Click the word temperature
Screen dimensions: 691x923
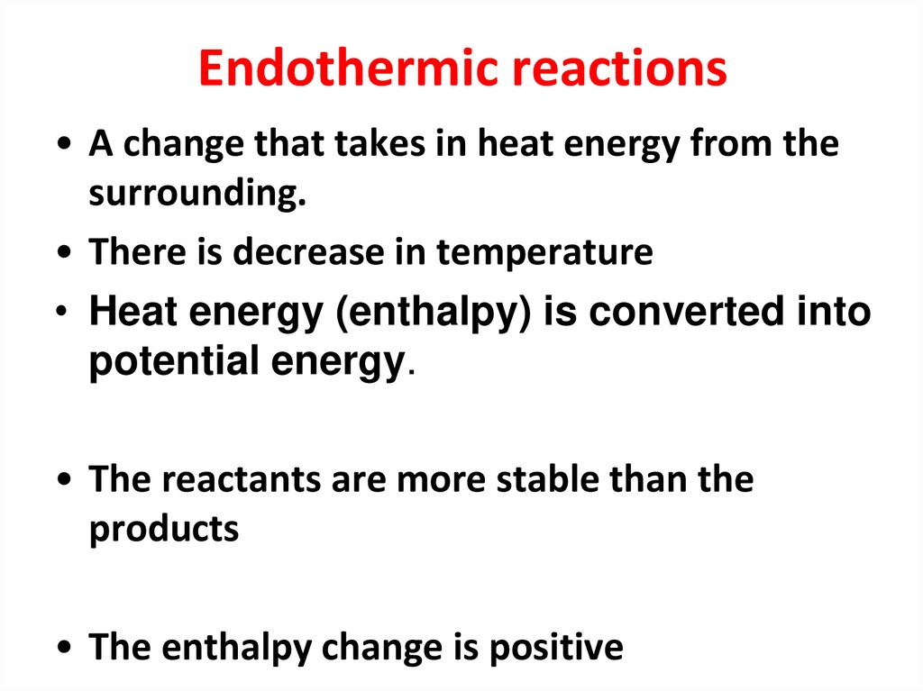coord(544,253)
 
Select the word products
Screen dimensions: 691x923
coord(163,529)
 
